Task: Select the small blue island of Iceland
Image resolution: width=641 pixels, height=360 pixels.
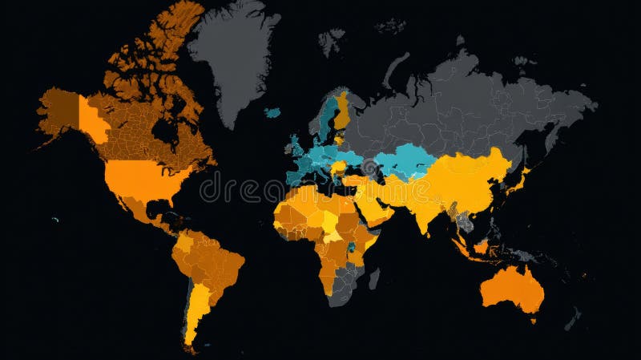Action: [x=273, y=113]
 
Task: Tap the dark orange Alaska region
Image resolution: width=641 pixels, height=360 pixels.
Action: [x=60, y=112]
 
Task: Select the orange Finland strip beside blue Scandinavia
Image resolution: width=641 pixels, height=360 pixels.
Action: [x=343, y=112]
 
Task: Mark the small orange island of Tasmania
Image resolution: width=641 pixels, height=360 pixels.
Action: [x=533, y=321]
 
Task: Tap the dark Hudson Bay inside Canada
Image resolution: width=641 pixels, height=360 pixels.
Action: [x=164, y=128]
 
